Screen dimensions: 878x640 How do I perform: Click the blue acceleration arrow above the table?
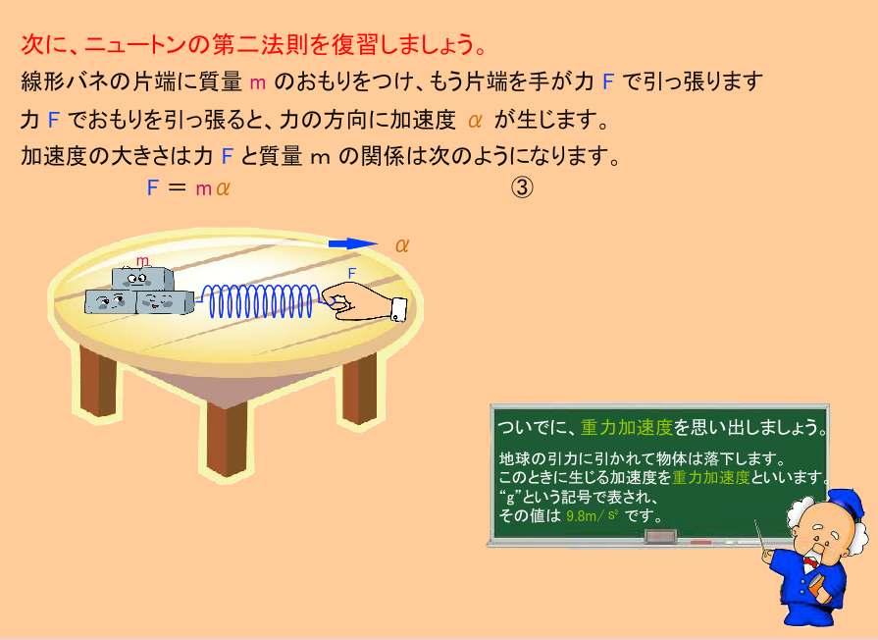point(353,243)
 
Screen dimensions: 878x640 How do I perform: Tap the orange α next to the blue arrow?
point(402,244)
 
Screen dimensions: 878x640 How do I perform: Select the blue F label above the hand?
point(351,274)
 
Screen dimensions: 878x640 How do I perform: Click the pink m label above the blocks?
point(143,260)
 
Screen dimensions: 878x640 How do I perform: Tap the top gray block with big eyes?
point(142,279)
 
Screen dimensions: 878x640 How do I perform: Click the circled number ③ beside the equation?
point(522,187)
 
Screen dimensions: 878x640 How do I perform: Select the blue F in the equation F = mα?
point(152,187)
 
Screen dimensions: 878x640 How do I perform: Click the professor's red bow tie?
point(809,561)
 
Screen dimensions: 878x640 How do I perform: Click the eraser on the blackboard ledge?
point(661,537)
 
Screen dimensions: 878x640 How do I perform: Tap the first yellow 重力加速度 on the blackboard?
point(626,428)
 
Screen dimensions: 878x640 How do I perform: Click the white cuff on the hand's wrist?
point(398,309)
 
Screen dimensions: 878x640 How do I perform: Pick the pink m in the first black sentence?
point(258,82)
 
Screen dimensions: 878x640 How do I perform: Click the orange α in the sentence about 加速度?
point(475,120)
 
